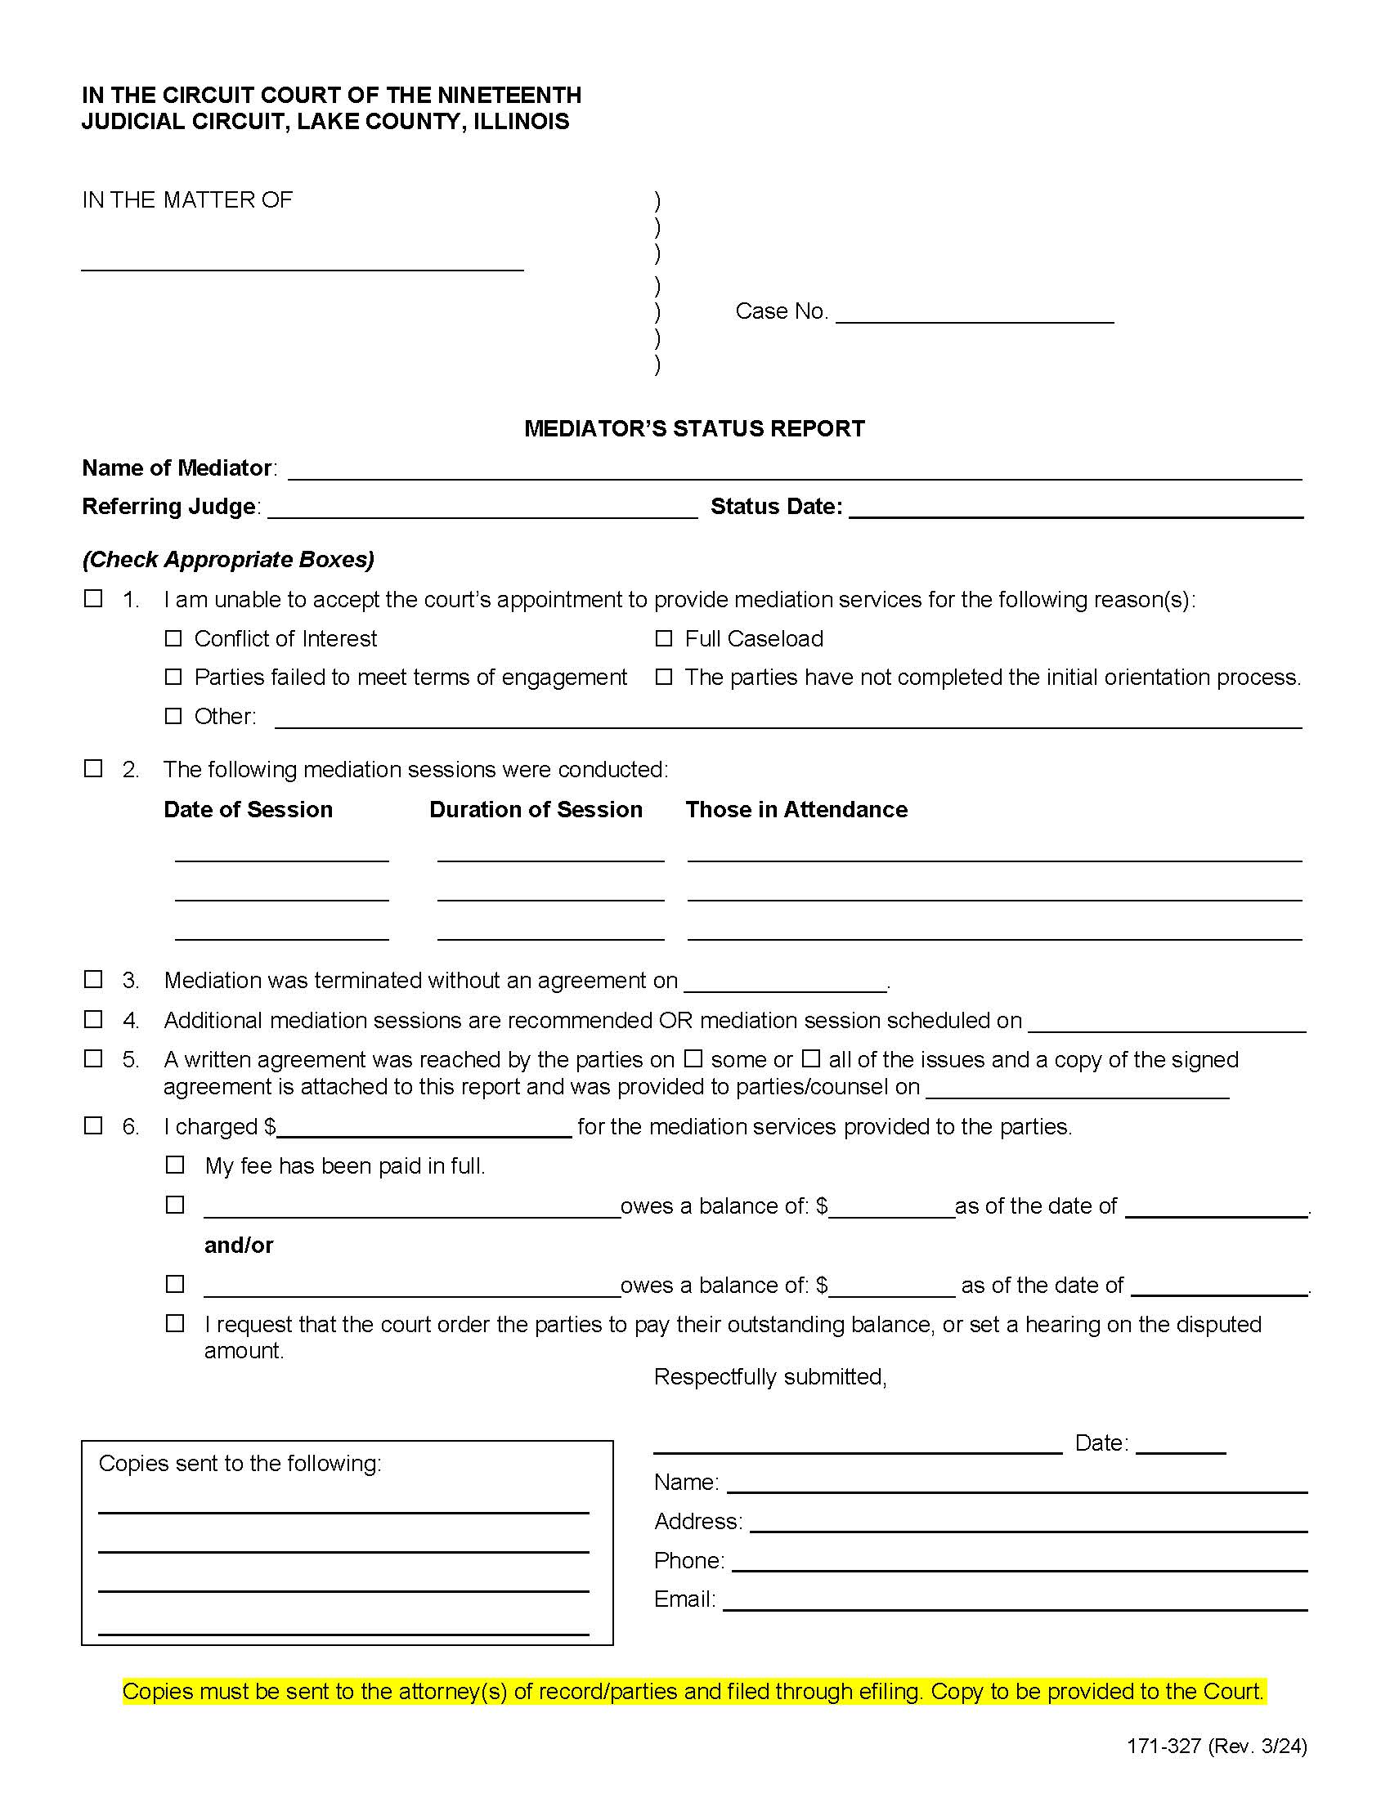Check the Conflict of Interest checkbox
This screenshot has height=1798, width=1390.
pyautogui.click(x=173, y=639)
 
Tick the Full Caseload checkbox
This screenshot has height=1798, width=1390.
pyautogui.click(x=664, y=639)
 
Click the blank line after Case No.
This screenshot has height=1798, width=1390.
pyautogui.click(x=974, y=313)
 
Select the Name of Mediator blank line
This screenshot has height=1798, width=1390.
pyautogui.click(x=794, y=469)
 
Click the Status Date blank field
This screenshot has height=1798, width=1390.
pyautogui.click(x=1075, y=508)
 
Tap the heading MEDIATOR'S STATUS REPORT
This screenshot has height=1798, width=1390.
pyautogui.click(x=694, y=429)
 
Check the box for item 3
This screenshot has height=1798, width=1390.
pyautogui.click(x=94, y=979)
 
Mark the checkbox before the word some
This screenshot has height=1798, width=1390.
pyautogui.click(x=694, y=1058)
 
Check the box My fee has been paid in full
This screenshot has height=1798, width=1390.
pyautogui.click(x=175, y=1165)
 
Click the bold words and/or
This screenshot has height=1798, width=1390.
pyautogui.click(x=239, y=1245)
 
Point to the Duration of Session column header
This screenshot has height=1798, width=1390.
pyautogui.click(x=536, y=809)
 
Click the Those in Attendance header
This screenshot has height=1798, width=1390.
pyautogui.click(x=796, y=809)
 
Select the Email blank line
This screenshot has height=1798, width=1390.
pyautogui.click(x=1015, y=1599)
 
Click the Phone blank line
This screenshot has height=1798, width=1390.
pyautogui.click(x=1019, y=1561)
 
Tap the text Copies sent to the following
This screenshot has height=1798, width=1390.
pyautogui.click(x=240, y=1463)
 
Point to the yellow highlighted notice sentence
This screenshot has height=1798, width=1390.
pyautogui.click(x=693, y=1692)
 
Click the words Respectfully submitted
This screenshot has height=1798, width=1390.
pyautogui.click(x=770, y=1377)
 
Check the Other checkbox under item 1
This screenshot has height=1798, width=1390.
pyautogui.click(x=173, y=716)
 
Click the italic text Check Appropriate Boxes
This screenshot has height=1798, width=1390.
pyautogui.click(x=228, y=560)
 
